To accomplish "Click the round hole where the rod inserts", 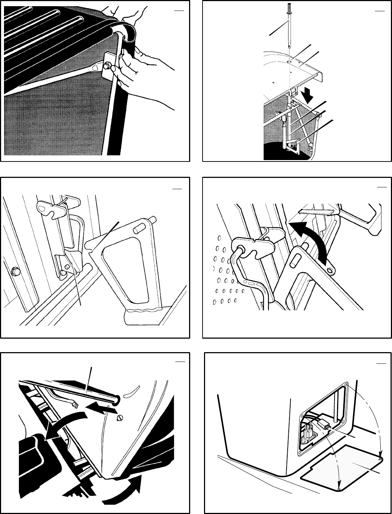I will pos(290,62).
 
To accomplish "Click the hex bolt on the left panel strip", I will pos(16,271).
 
